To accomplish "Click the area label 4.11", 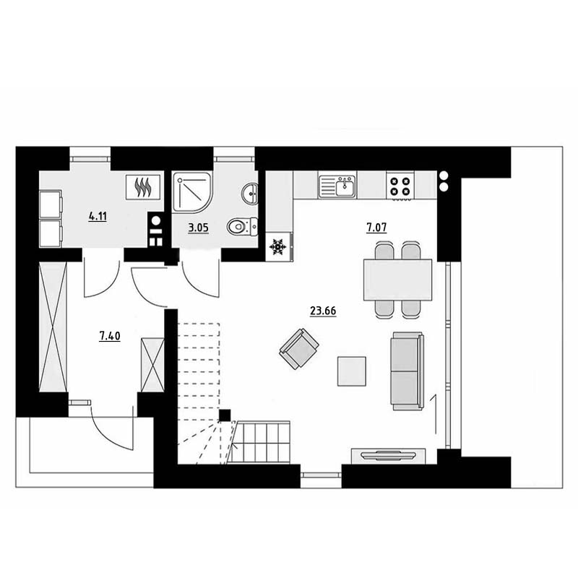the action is pyautogui.click(x=98, y=216).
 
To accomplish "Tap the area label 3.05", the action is pyautogui.click(x=198, y=228).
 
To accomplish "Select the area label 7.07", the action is pyautogui.click(x=376, y=228).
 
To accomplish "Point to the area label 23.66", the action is pyautogui.click(x=323, y=311).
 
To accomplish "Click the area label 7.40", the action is pyautogui.click(x=110, y=336).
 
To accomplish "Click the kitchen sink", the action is pyautogui.click(x=337, y=186).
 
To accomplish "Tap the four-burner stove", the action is pyautogui.click(x=400, y=186).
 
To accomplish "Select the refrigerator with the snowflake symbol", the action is pyautogui.click(x=279, y=247).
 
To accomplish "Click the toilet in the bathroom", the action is pyautogui.click(x=242, y=226).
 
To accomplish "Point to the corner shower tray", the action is pyautogui.click(x=192, y=192).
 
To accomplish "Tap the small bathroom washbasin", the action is pyautogui.click(x=250, y=193).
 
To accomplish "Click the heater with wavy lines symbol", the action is pyautogui.click(x=143, y=187).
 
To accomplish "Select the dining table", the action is pyautogui.click(x=398, y=280).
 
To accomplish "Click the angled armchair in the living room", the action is pyautogui.click(x=299, y=349).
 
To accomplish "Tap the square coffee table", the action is pyautogui.click(x=352, y=371).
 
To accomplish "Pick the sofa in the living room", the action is pyautogui.click(x=407, y=371).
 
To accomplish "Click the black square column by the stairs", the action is pyautogui.click(x=225, y=415).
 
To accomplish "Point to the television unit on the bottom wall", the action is pyautogui.click(x=389, y=456).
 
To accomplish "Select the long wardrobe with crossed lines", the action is pyautogui.click(x=53, y=327).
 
